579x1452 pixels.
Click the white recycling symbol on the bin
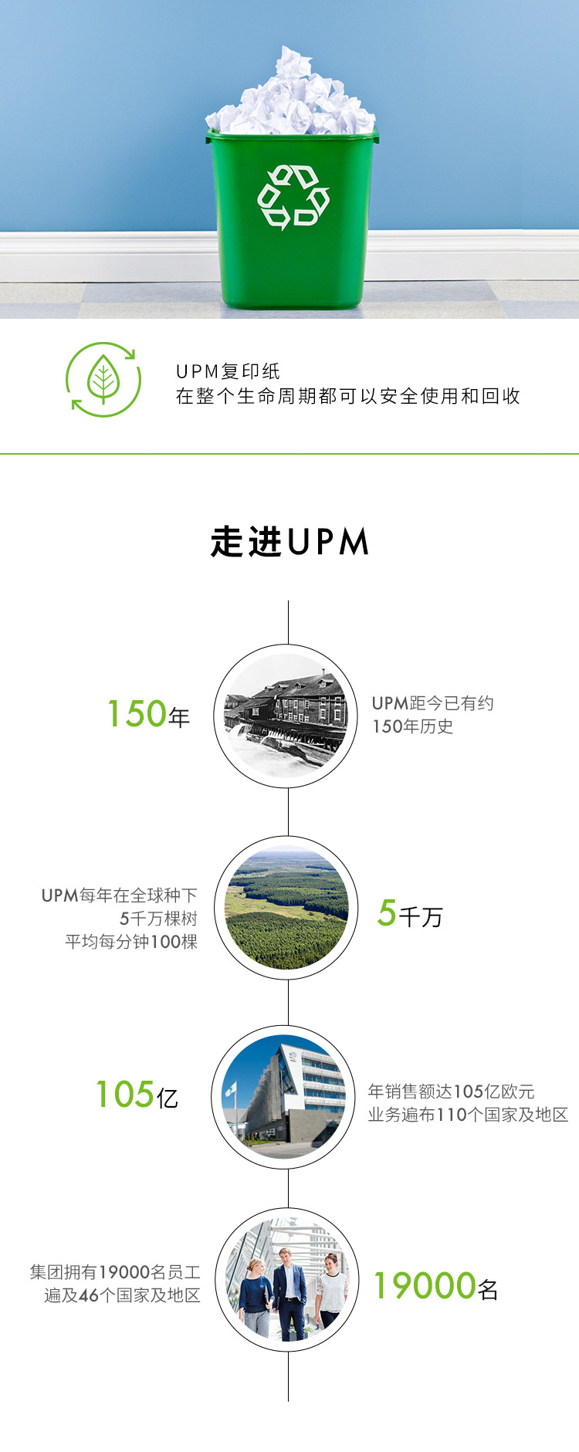coord(293,197)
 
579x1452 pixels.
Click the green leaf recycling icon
coord(103,380)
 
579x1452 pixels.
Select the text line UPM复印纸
coord(228,371)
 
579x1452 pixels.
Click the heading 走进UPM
coord(289,542)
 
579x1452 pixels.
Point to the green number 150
coord(137,714)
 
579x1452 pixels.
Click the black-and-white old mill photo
coord(286,716)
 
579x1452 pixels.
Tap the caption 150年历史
coord(412,726)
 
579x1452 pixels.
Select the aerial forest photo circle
coord(286,908)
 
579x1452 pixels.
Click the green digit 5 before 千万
coord(387,913)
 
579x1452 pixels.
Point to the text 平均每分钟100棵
coord(131,942)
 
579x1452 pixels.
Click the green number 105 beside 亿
coord(124,1095)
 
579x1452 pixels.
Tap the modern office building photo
coord(283,1097)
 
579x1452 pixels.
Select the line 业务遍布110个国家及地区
coord(468,1115)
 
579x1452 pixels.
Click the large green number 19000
coord(425,1286)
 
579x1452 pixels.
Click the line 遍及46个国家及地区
coord(122,1295)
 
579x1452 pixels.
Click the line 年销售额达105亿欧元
coord(451,1092)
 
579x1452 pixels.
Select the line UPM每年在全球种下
coord(120,895)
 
